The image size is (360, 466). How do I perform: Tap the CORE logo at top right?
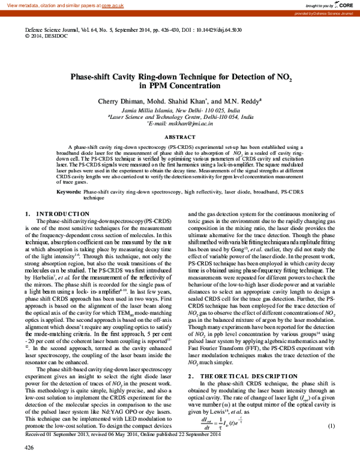343,5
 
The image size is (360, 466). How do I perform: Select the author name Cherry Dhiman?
119,101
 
